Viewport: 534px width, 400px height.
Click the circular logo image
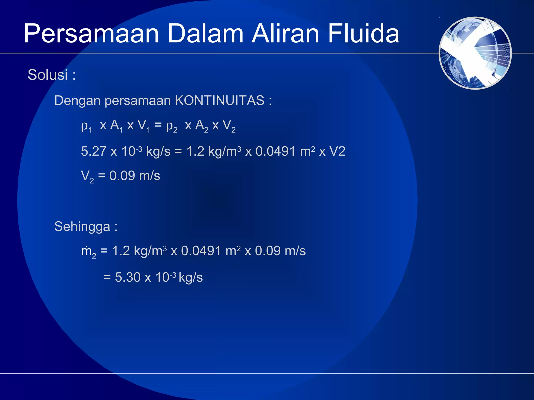[475, 53]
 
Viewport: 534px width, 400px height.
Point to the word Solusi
[48, 75]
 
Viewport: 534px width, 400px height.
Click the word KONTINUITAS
[220, 101]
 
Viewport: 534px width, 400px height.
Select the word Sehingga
[82, 227]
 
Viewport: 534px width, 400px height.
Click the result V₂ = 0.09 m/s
[120, 176]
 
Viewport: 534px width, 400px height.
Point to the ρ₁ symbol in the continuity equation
[86, 126]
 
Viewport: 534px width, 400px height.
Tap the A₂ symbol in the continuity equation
[202, 126]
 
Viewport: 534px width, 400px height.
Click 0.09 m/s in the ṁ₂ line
[280, 251]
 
